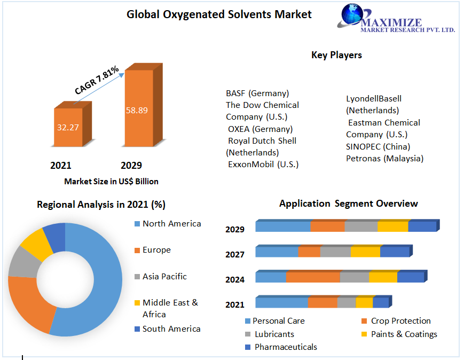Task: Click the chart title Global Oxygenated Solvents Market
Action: pyautogui.click(x=219, y=14)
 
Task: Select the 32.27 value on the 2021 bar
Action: pyautogui.click(x=68, y=128)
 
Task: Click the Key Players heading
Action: pyautogui.click(x=336, y=55)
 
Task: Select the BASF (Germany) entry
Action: pyautogui.click(x=257, y=93)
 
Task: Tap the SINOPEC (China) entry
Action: pyautogui.click(x=378, y=146)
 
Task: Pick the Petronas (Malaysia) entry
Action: pyautogui.click(x=384, y=158)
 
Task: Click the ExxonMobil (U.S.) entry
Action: pyautogui.click(x=263, y=164)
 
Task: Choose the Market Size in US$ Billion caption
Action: pyautogui.click(x=111, y=181)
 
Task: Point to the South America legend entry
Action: pyautogui.click(x=171, y=328)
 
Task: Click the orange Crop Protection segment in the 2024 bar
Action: pyautogui.click(x=313, y=277)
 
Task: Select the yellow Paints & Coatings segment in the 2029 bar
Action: pyautogui.click(x=392, y=226)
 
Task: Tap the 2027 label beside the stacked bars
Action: pyautogui.click(x=235, y=254)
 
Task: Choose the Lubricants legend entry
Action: pyautogui.click(x=274, y=334)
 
